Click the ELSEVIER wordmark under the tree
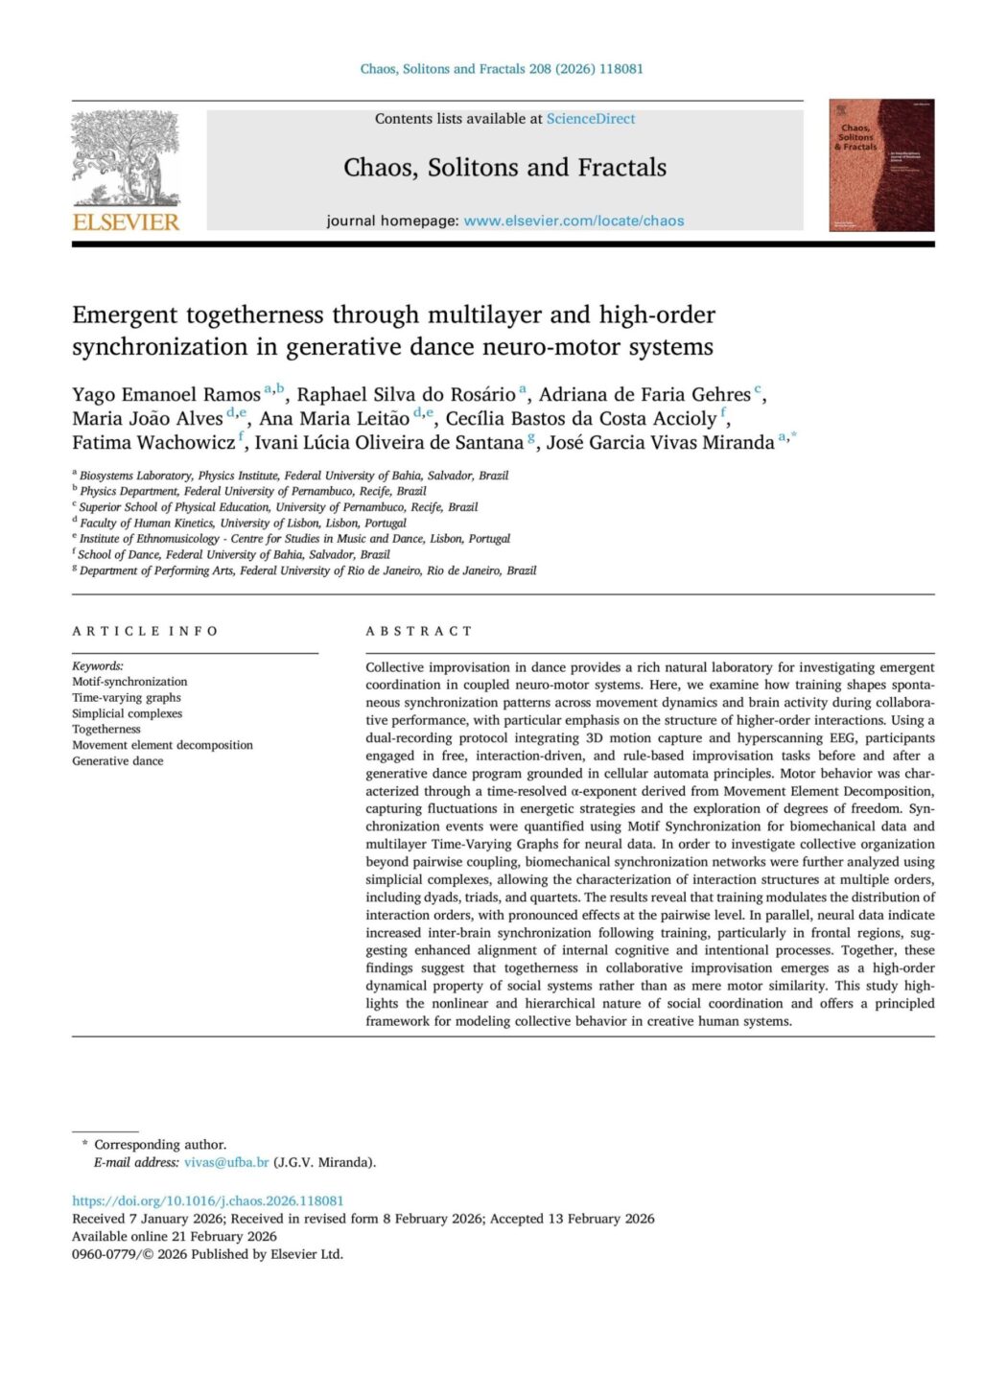pos(126,221)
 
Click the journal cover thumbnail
pos(880,165)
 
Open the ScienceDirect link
pos(591,119)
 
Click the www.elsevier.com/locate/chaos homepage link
pos(574,221)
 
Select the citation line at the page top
pos(502,69)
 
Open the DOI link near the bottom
pos(207,1200)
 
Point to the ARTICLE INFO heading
pos(145,631)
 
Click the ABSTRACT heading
pos(419,631)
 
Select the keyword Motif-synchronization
pos(129,682)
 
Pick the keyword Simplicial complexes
pos(127,713)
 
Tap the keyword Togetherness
pos(105,729)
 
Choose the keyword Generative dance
pos(117,760)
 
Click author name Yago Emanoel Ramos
pos(166,395)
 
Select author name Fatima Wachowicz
pos(153,443)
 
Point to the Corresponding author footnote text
pos(160,1144)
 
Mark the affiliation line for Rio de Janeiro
pos(307,571)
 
